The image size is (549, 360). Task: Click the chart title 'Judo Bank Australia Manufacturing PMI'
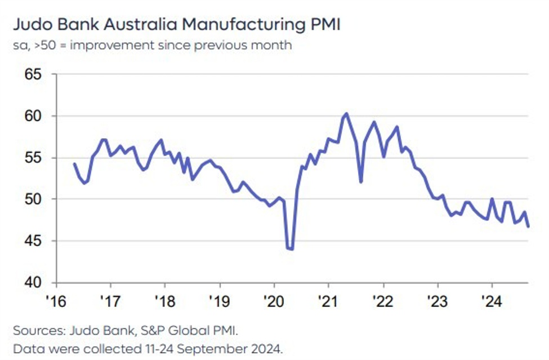(177, 25)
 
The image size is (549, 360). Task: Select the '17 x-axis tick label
(109, 299)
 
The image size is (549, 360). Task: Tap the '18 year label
(163, 299)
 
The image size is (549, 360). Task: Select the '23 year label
(437, 299)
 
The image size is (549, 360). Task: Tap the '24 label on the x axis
(492, 299)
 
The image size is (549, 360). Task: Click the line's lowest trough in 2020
(292, 248)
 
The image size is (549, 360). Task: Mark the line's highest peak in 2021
(346, 114)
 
